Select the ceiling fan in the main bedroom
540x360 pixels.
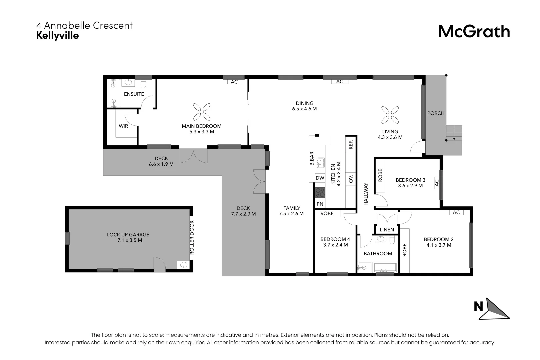(202, 112)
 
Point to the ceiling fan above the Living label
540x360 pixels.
(390, 115)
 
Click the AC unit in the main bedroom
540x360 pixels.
(234, 82)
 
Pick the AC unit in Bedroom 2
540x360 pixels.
(456, 212)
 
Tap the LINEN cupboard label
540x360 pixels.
(387, 230)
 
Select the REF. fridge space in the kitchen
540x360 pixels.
(351, 144)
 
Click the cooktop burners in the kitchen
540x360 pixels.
(320, 192)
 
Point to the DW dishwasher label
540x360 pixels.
(320, 178)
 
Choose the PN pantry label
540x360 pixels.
(320, 204)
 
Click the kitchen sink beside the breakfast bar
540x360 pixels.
(320, 163)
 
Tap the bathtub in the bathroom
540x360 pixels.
(385, 267)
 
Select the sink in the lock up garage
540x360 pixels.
(183, 265)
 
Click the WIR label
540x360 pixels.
(123, 126)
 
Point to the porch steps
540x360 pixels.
(454, 140)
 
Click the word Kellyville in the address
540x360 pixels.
(57, 36)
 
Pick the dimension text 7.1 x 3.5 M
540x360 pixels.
(129, 240)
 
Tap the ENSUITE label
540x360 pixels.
(134, 94)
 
